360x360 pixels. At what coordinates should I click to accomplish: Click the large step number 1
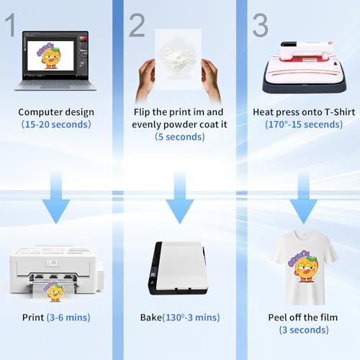10,24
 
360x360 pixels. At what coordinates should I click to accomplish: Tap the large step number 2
137,25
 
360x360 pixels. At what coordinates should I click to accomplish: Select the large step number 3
261,25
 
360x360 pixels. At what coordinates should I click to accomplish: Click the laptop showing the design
55,60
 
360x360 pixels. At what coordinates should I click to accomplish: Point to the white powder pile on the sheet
177,55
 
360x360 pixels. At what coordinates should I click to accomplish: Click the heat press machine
305,68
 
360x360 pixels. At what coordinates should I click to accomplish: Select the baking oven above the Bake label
178,268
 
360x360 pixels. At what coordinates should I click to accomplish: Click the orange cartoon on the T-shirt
303,266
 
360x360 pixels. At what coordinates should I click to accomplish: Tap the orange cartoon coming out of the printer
53,292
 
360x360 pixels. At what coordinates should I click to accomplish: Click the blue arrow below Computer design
56,198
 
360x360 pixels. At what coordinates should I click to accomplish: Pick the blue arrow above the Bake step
180,198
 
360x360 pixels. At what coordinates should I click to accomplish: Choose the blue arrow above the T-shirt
304,198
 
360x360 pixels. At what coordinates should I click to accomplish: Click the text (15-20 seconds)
56,125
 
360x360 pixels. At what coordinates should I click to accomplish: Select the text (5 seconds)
180,137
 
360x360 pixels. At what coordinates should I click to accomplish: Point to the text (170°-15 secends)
304,125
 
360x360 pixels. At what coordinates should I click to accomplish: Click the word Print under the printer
33,318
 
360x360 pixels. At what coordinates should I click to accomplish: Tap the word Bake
151,318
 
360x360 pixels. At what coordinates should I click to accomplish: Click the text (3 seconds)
304,330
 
